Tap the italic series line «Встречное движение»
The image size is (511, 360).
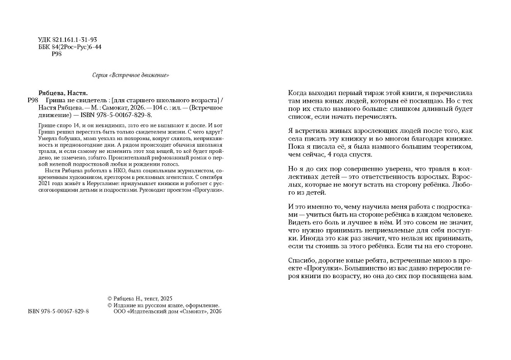point(131,75)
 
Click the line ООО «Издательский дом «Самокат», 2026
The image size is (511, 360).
point(167,311)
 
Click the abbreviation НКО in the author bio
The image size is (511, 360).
point(119,169)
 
